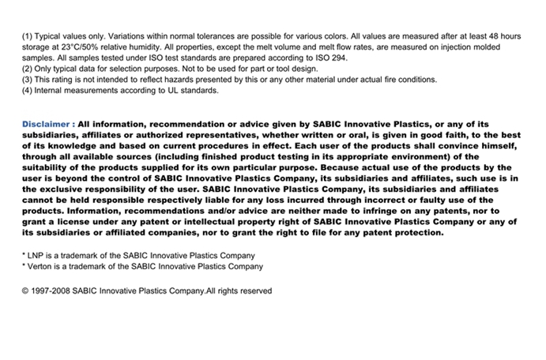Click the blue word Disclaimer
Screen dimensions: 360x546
pyautogui.click(x=47, y=124)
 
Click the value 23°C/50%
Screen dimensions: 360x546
pyautogui.click(x=82, y=47)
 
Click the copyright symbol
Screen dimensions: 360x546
pyautogui.click(x=25, y=291)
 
